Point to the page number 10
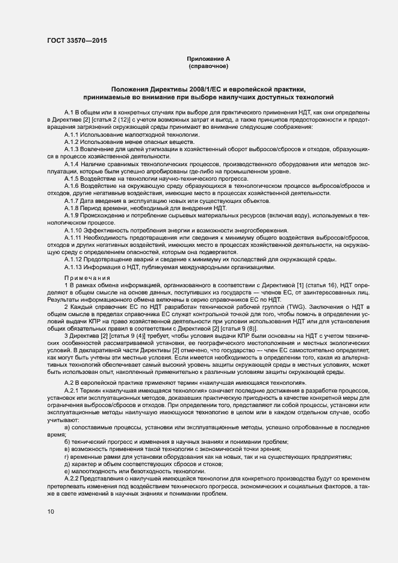point(50,511)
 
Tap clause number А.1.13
point(73,267)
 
